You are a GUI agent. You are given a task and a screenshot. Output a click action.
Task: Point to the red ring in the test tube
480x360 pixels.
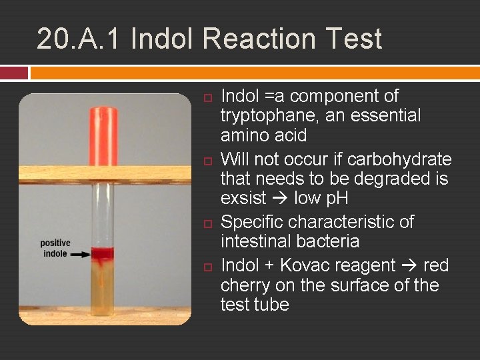coord(103,253)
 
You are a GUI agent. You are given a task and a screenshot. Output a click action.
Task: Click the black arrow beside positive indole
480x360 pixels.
coord(81,254)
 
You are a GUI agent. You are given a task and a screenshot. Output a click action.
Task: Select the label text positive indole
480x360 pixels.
coord(55,248)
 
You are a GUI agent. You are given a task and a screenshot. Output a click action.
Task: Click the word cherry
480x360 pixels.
coord(244,285)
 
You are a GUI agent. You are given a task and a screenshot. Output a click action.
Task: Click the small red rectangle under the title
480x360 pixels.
coord(14,72)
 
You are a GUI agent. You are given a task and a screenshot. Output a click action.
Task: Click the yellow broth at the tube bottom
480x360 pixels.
coord(103,293)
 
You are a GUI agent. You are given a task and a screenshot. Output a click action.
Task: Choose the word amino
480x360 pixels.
coord(243,135)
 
